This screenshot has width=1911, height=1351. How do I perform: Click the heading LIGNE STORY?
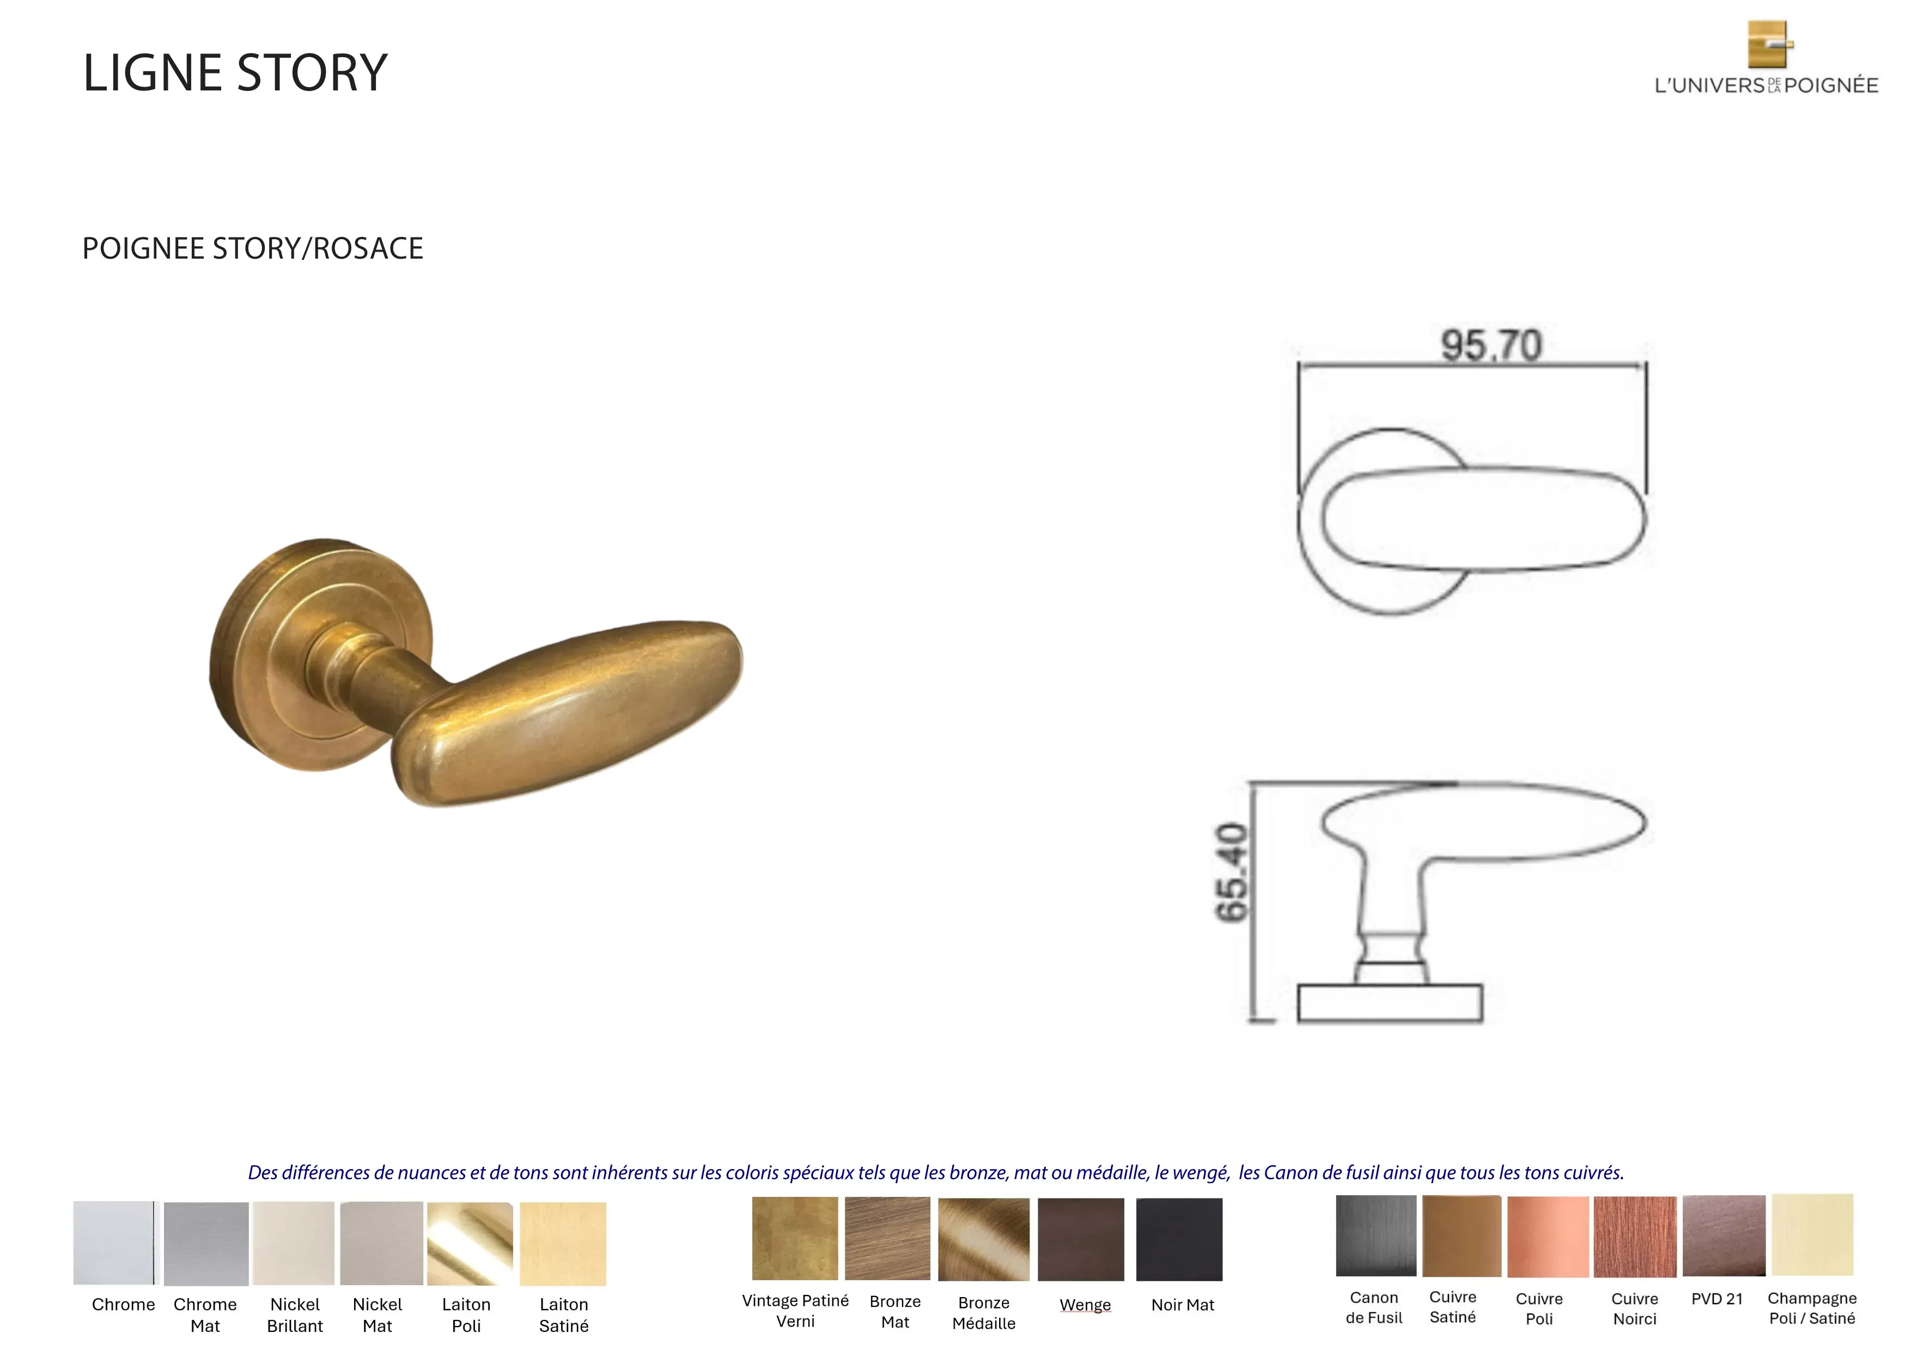235,73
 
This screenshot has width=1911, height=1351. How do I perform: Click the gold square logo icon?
1769,44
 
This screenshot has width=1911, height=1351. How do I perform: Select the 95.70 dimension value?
1492,345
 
